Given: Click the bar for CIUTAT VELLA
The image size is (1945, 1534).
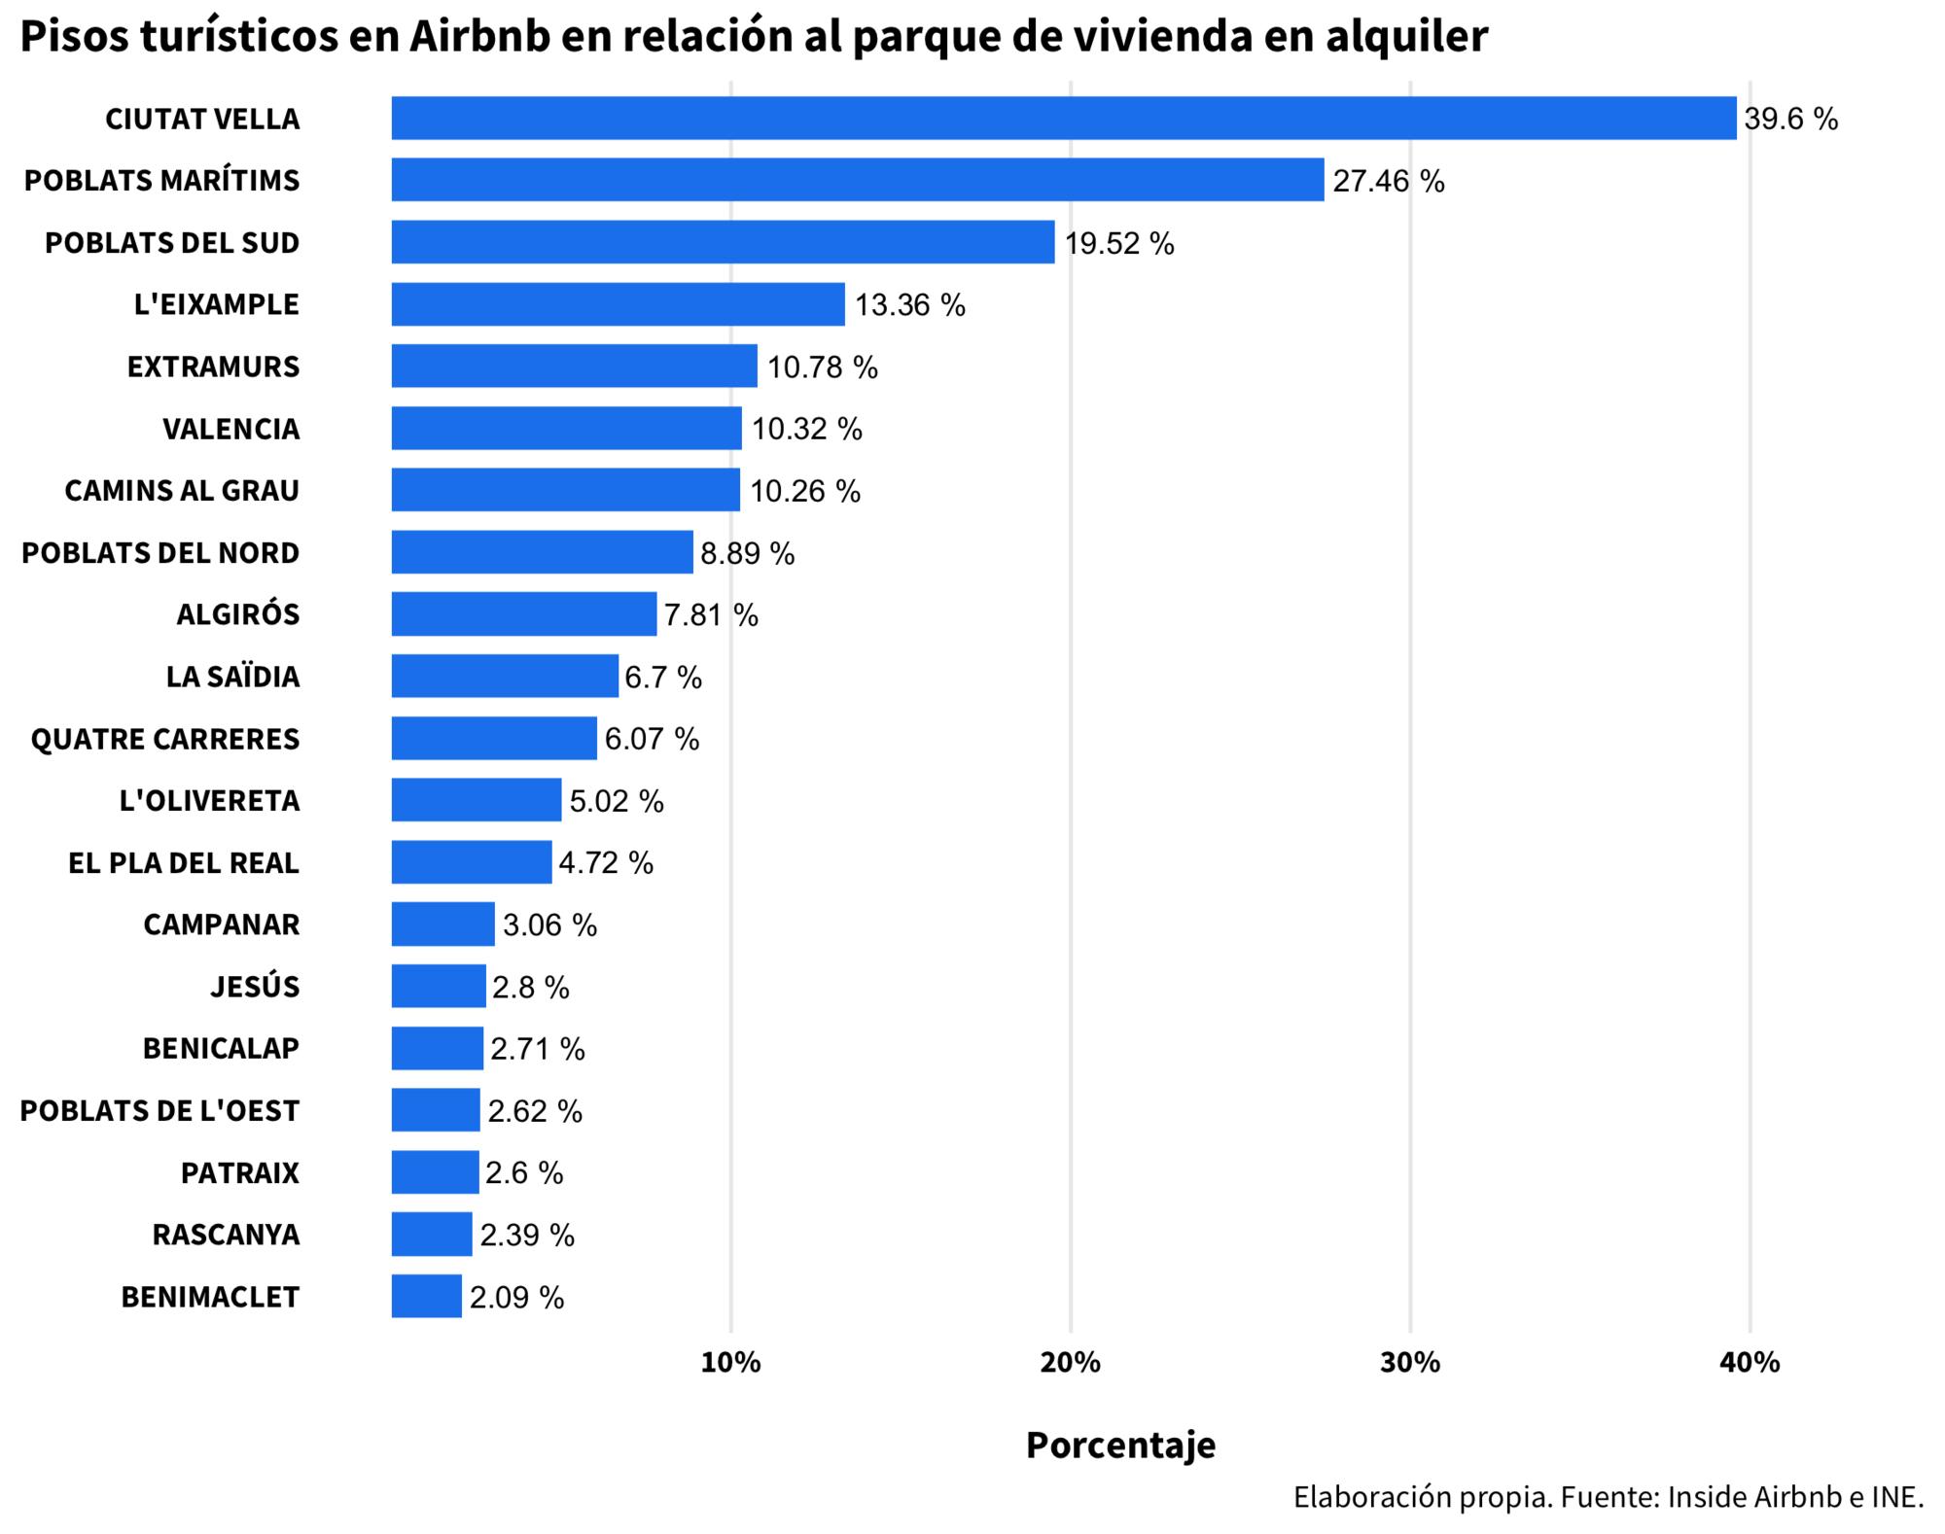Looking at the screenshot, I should pyautogui.click(x=1063, y=118).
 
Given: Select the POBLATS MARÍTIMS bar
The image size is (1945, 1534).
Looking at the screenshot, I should pyautogui.click(x=857, y=180).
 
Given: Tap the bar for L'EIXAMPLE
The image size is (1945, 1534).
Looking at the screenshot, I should pyautogui.click(x=618, y=304).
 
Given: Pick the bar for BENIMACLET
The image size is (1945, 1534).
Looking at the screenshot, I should pyautogui.click(x=426, y=1296).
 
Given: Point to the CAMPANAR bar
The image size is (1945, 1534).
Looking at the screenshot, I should pyautogui.click(x=442, y=924).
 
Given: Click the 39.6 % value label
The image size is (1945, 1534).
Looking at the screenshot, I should pyautogui.click(x=1790, y=119).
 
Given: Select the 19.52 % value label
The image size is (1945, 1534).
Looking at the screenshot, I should pyautogui.click(x=1118, y=243).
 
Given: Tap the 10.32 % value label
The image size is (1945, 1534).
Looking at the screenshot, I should pyautogui.click(x=806, y=429).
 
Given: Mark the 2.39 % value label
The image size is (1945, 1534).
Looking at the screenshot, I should pyautogui.click(x=526, y=1235).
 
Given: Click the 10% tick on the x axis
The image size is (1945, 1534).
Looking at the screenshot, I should pyautogui.click(x=730, y=1363).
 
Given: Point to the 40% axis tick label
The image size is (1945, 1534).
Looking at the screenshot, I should pyautogui.click(x=1749, y=1363).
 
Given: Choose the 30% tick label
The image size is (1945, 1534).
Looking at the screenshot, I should pyautogui.click(x=1409, y=1363).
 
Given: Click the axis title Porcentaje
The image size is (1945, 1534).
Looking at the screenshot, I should pyautogui.click(x=1120, y=1446).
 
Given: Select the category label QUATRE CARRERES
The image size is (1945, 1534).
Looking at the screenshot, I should pyautogui.click(x=165, y=739).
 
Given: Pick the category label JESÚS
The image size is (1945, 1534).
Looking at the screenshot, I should pyautogui.click(x=255, y=987).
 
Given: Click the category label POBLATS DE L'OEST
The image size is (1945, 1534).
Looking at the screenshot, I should pyautogui.click(x=159, y=1110).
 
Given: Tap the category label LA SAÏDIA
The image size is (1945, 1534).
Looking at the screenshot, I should pyautogui.click(x=232, y=677).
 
